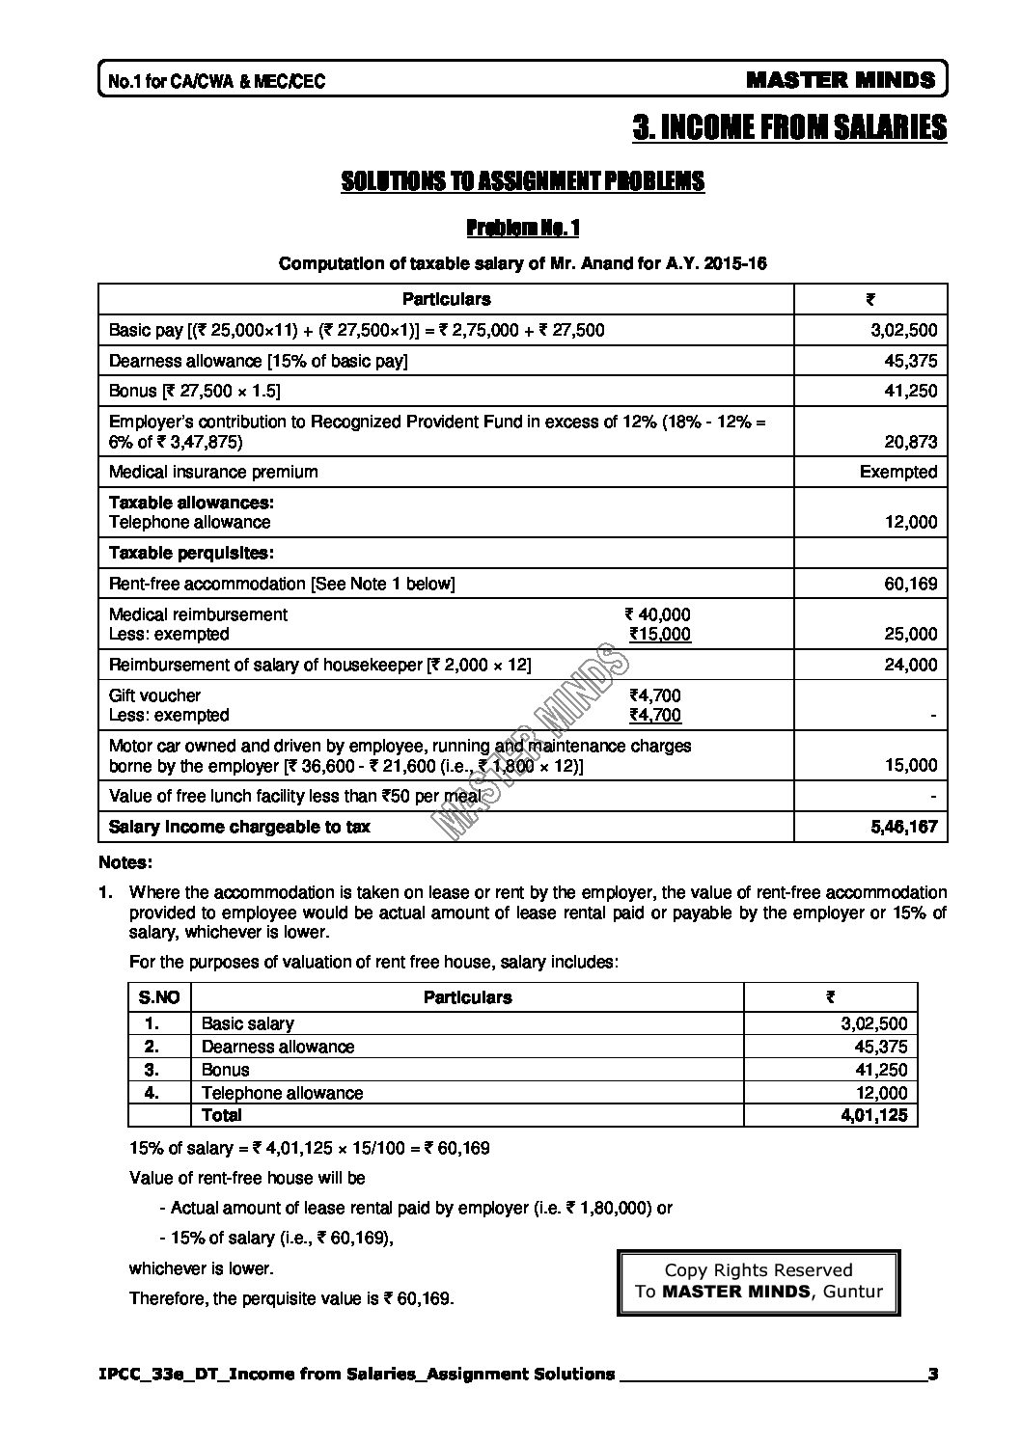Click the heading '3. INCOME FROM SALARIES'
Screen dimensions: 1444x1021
pos(789,127)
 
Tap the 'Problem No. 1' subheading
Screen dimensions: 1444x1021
pos(522,229)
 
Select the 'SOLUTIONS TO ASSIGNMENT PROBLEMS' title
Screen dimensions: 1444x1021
pos(522,181)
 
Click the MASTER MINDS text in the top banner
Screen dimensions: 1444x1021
pos(841,80)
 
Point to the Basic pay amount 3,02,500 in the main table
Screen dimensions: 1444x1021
pos(903,330)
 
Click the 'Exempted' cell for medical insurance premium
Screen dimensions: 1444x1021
pos(898,472)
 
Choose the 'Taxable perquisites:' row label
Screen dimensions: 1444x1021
pos(191,553)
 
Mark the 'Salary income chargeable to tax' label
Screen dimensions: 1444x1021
pos(239,827)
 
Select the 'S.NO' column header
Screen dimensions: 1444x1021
pos(159,997)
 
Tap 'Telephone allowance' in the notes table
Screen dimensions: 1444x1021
pos(282,1093)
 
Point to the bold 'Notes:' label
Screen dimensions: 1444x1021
pos(125,862)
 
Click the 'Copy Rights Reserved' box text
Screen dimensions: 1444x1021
pos(759,1270)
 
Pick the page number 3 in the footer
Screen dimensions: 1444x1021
pos(932,1374)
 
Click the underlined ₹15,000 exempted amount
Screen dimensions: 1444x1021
pos(660,634)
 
